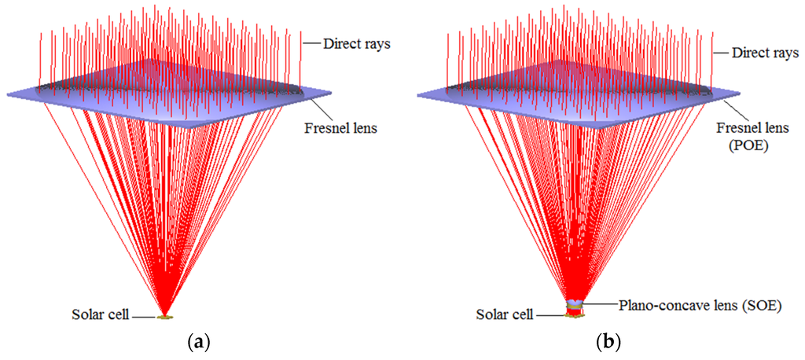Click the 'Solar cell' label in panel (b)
(506, 315)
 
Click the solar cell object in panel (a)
(164, 317)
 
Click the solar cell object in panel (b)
(575, 314)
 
